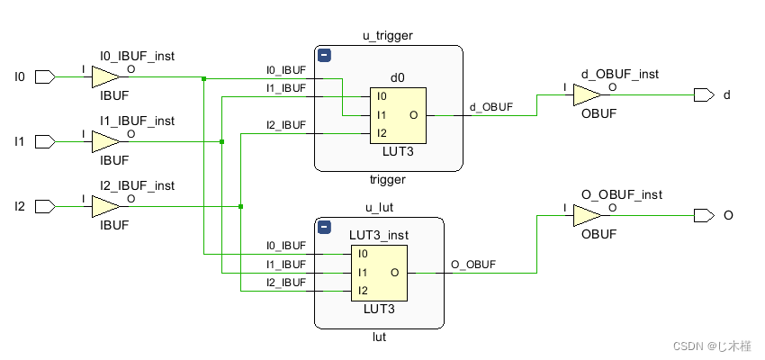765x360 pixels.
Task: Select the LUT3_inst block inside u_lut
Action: point(379,272)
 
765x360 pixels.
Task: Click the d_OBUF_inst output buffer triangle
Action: point(587,95)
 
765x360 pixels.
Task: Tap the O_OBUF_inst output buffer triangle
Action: point(587,216)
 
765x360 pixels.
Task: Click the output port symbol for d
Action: point(704,95)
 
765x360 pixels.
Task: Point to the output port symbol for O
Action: point(704,216)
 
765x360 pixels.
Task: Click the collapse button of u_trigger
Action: point(325,56)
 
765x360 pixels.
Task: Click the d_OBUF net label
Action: point(490,107)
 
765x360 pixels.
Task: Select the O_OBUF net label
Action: point(472,264)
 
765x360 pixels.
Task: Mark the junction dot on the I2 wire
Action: point(241,207)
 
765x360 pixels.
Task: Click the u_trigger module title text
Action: point(388,35)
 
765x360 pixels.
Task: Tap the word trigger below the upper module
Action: point(388,180)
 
